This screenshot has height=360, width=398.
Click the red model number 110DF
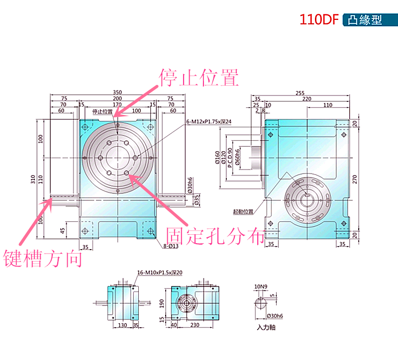pyautogui.click(x=318, y=20)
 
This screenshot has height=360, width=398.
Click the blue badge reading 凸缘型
pyautogui.click(x=365, y=20)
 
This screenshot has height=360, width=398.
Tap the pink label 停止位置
pyautogui.click(x=199, y=77)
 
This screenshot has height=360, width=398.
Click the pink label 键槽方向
pyautogui.click(x=43, y=258)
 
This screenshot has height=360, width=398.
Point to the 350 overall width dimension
pyautogui.click(x=117, y=92)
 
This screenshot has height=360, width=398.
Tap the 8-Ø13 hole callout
pyautogui.click(x=171, y=246)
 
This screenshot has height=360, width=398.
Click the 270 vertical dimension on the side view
pyautogui.click(x=355, y=180)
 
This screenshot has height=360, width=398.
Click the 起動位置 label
pyautogui.click(x=243, y=211)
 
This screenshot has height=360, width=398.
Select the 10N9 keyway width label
pyautogui.click(x=261, y=287)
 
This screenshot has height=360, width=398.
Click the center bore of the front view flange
pyautogui.click(x=117, y=157)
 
